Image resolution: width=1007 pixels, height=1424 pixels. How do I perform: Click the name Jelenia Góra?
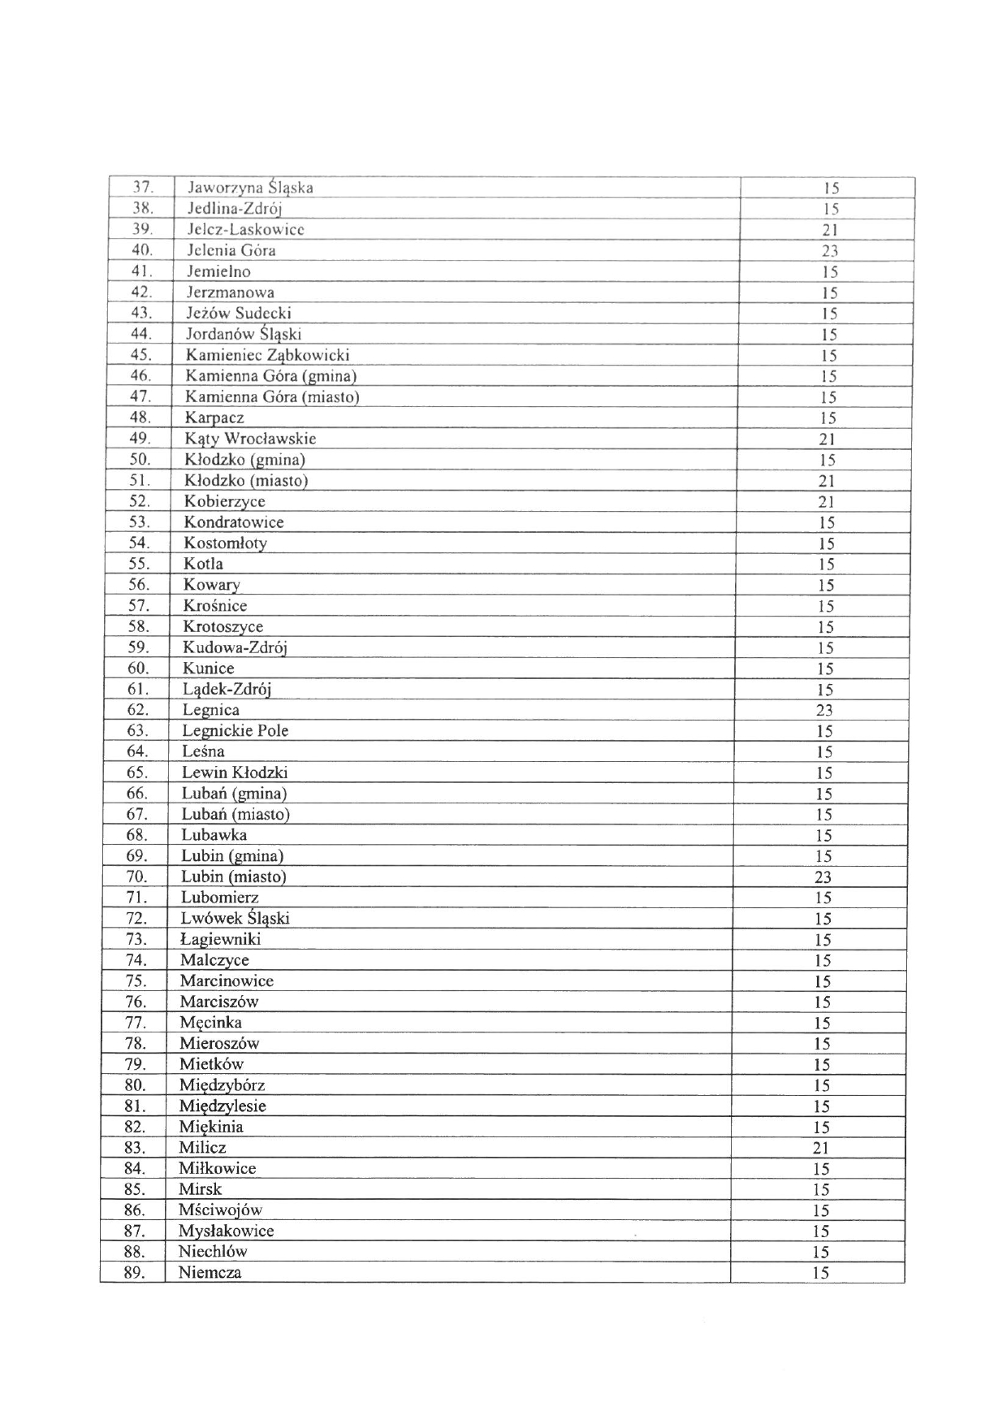tap(231, 250)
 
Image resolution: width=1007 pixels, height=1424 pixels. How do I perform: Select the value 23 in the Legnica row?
tap(825, 710)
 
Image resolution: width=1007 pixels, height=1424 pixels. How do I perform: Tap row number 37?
tap(143, 188)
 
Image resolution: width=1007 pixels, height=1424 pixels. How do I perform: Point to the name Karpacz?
tap(214, 418)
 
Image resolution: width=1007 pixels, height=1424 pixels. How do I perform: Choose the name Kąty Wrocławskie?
tap(250, 439)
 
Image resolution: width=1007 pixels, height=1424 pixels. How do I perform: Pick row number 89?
tap(135, 1272)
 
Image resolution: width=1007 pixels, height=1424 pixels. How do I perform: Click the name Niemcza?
tap(210, 1272)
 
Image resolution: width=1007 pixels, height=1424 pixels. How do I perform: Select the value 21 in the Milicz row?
tap(821, 1148)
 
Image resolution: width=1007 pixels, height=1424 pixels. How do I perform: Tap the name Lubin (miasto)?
tap(233, 876)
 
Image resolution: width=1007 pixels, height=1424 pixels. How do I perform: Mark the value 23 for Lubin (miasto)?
tap(823, 876)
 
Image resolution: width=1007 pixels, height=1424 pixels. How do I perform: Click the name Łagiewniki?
tap(220, 939)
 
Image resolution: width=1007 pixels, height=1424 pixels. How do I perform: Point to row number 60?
tap(138, 668)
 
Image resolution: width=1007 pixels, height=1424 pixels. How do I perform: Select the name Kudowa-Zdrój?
tap(235, 647)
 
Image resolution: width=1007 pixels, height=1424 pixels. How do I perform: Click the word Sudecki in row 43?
tap(263, 313)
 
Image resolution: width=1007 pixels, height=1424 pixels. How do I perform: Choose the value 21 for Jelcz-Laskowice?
tap(829, 230)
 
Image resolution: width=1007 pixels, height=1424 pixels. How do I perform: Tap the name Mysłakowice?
tap(226, 1231)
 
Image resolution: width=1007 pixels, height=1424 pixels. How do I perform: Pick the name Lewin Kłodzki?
tap(234, 773)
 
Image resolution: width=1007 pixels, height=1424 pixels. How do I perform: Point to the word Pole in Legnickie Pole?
tap(273, 730)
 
